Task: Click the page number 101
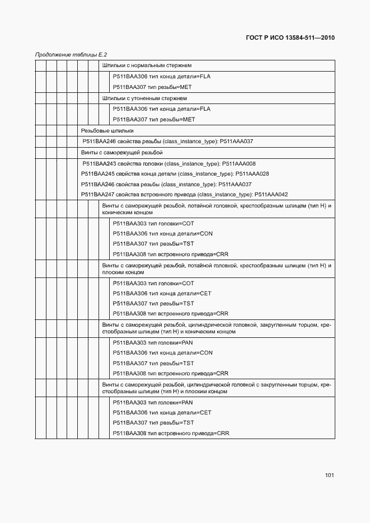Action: (x=329, y=476)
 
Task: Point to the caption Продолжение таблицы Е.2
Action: (x=71, y=55)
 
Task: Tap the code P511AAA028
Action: (x=252, y=174)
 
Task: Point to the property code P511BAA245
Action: (x=98, y=174)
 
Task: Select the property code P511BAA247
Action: (x=98, y=195)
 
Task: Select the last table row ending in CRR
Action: (x=171, y=434)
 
